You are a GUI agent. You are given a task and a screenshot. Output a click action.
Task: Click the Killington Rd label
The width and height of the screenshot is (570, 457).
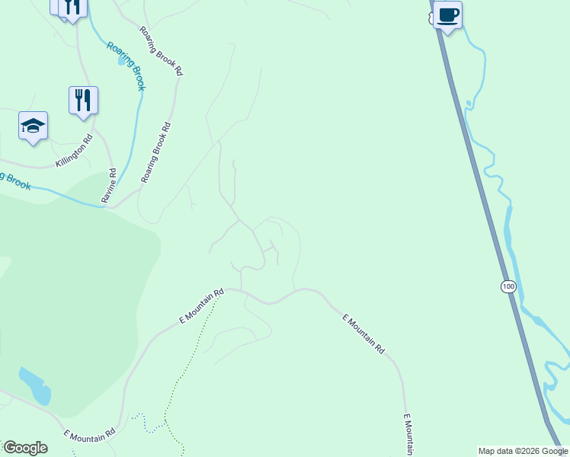74,152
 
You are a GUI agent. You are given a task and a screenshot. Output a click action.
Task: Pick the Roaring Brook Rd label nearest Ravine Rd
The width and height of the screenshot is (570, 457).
155,152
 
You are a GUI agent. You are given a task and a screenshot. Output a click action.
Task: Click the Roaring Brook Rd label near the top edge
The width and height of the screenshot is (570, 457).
162,51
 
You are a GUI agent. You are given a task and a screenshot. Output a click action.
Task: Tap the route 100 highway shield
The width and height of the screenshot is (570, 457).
508,286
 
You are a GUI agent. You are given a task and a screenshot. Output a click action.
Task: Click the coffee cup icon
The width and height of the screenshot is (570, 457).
448,14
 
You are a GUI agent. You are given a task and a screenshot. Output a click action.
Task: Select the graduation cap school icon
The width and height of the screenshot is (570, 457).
33,126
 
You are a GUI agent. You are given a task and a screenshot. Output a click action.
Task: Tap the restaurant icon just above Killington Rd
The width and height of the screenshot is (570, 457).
83,100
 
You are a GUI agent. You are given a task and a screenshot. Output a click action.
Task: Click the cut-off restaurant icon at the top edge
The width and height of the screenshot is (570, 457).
72,8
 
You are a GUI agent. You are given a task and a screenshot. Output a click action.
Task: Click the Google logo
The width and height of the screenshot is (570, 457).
25,448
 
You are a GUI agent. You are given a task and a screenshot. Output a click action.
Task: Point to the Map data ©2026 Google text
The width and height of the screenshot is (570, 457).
523,451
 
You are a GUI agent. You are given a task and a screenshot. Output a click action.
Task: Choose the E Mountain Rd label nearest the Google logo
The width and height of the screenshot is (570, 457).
89,435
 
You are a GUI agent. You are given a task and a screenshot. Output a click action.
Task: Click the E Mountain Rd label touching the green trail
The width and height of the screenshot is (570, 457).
202,307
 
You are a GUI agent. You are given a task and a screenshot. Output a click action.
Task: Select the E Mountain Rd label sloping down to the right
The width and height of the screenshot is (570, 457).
363,334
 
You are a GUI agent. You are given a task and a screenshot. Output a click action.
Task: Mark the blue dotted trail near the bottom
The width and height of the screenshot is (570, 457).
149,423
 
